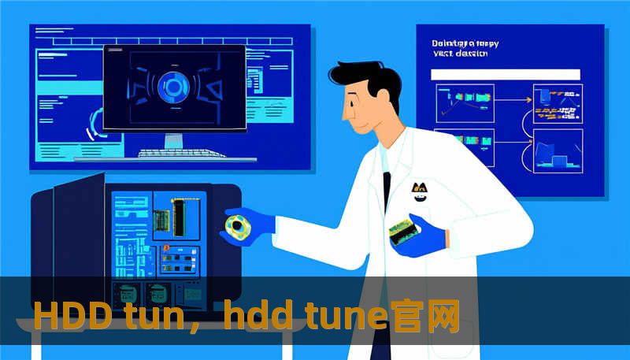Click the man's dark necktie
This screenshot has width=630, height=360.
[387, 190]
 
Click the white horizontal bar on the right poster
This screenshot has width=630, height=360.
[505, 75]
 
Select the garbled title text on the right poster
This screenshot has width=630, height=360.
[465, 50]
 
